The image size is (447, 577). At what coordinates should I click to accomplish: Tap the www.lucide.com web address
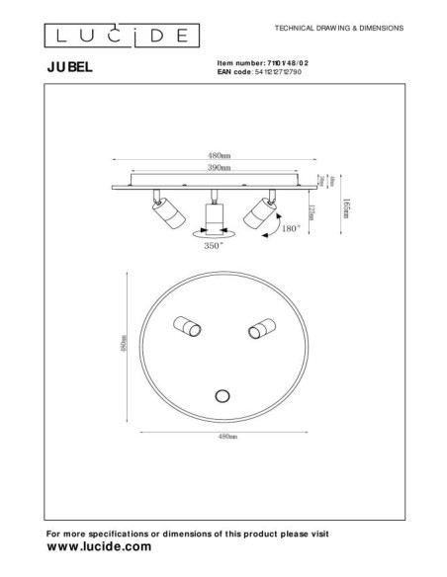click(99, 545)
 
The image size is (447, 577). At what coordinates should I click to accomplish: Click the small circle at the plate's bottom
click(223, 396)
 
